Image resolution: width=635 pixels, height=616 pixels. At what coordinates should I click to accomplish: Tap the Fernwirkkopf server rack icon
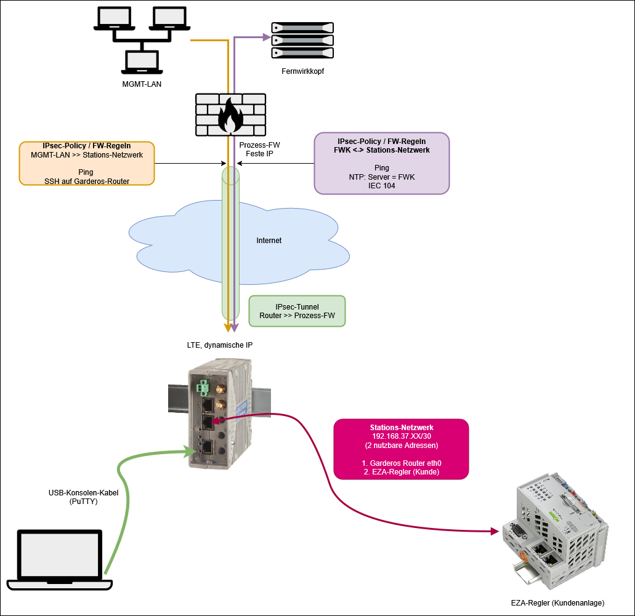(302, 40)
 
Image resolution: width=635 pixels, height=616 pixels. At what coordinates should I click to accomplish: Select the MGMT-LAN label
(142, 84)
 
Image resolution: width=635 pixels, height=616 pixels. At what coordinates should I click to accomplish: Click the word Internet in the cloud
(269, 241)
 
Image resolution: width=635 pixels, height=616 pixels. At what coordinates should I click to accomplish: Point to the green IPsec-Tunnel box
(297, 311)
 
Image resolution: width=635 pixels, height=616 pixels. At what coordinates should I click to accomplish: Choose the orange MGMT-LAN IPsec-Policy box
(87, 163)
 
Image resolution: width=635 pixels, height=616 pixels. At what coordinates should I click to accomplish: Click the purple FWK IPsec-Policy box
(381, 163)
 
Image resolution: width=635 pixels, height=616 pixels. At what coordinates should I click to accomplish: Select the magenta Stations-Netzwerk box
(401, 449)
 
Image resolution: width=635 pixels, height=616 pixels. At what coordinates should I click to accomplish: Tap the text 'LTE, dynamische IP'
(220, 345)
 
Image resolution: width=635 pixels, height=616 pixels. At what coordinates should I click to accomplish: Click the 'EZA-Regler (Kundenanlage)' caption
(557, 602)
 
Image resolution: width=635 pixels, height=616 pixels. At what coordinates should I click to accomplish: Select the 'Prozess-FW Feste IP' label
(259, 150)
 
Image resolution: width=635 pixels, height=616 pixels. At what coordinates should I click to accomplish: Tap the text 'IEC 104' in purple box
(382, 186)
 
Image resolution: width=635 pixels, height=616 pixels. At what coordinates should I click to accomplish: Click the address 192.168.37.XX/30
(401, 436)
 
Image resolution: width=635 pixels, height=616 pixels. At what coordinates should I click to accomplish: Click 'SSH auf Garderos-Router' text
(87, 180)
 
